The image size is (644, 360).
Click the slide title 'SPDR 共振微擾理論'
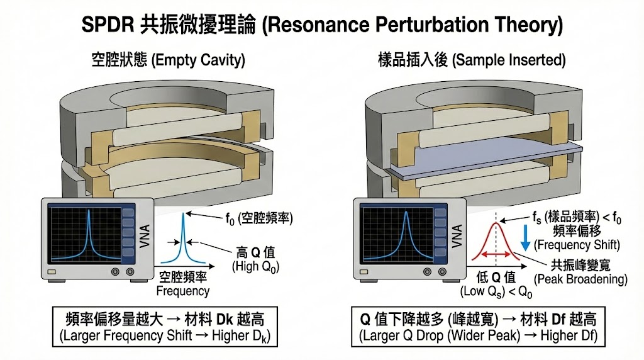[321, 25]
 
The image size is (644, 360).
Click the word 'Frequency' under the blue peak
[182, 291]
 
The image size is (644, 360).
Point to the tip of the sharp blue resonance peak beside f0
[184, 215]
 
